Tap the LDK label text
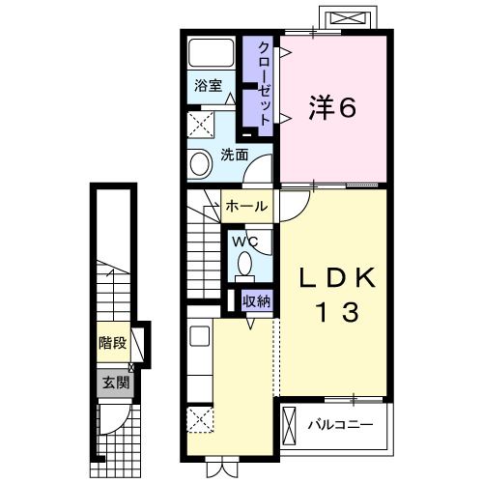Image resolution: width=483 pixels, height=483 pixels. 334,278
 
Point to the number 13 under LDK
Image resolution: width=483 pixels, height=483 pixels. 334,312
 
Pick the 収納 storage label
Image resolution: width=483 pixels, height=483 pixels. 256,301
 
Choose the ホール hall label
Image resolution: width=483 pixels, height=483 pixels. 246,206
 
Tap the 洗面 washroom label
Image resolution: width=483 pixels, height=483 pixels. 233,155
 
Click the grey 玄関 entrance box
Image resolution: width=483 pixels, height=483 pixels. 114,382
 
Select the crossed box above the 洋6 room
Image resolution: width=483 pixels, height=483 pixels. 349,18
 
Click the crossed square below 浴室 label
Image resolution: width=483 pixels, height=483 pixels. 202,124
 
